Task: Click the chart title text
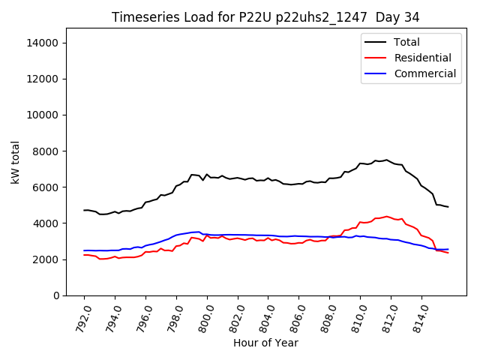265,17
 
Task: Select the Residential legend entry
422,58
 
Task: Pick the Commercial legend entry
424,73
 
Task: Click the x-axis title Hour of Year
265,343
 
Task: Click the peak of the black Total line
387,160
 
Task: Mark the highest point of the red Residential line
387,217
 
